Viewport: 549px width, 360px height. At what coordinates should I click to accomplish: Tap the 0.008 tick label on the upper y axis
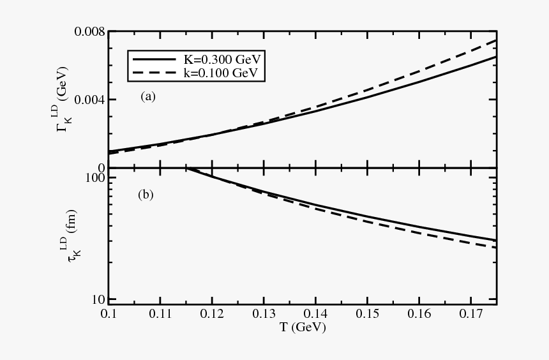click(89, 32)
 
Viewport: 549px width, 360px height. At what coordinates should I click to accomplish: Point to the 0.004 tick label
click(89, 100)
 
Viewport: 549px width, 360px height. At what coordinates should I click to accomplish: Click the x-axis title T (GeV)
click(302, 328)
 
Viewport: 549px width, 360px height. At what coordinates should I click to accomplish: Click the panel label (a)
click(148, 97)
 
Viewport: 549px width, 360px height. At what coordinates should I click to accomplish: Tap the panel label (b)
click(146, 195)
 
